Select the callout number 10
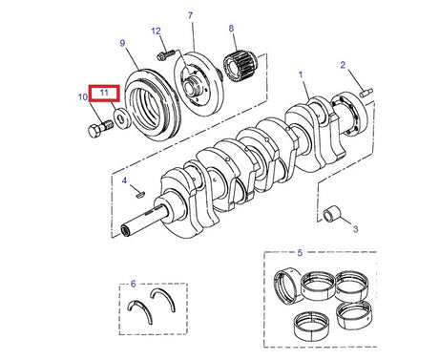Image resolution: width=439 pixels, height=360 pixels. [x=82, y=96]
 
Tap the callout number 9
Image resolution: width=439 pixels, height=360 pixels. [x=122, y=43]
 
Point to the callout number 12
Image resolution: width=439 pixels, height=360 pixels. [x=156, y=31]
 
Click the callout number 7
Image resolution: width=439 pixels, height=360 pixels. [x=190, y=15]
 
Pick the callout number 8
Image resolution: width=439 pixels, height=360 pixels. [x=230, y=30]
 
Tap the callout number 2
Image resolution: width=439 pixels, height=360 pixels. [x=342, y=65]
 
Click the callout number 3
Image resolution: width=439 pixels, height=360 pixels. [x=354, y=228]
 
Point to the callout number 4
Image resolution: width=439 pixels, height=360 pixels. [x=124, y=180]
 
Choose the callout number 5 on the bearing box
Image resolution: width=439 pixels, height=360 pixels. [x=300, y=254]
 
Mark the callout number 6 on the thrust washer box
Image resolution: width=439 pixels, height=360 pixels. [x=134, y=285]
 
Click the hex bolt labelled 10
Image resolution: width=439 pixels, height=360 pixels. [x=95, y=128]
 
